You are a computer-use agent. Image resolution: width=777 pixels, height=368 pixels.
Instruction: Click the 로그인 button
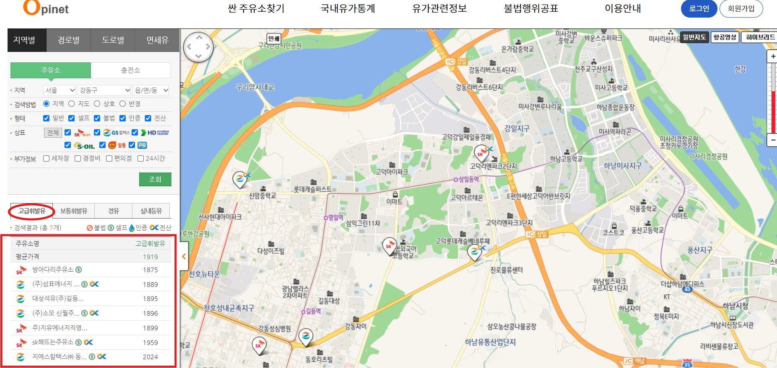pos(699,9)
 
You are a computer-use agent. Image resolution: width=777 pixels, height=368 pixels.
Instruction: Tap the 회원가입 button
pos(741,9)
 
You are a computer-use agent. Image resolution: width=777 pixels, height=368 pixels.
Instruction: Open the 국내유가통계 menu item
pos(347,9)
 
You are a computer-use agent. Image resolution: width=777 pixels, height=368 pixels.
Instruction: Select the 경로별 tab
pos(69,40)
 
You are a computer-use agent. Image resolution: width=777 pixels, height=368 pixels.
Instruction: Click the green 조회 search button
pos(155,179)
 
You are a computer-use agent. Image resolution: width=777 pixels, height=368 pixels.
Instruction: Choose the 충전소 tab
pos(131,70)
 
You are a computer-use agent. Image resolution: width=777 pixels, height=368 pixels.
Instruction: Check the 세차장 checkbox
pos(47,158)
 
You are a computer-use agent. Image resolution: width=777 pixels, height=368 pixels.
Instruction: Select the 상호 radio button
pos(97,104)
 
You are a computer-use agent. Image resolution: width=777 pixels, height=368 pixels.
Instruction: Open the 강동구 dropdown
pos(104,90)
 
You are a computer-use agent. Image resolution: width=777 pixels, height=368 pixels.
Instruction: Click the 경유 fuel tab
pos(114,211)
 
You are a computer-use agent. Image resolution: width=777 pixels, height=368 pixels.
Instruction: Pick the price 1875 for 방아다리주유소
pos(150,270)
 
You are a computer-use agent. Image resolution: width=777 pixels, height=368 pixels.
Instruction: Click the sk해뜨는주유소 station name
pos(53,342)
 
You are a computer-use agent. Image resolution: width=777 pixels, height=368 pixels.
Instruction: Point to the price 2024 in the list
pos(150,357)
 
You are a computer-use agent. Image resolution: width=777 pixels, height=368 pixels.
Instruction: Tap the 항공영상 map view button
pos(725,37)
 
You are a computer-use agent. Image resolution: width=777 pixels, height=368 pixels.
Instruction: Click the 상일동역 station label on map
pos(469,179)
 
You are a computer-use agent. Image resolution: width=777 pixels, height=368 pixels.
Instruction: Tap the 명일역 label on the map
pos(336,217)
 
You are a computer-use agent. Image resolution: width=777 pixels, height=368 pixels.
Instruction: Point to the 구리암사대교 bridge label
pos(255,87)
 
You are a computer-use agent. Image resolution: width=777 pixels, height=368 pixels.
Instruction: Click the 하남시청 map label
pos(736,306)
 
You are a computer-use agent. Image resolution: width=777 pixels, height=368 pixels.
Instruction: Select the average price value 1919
pos(150,257)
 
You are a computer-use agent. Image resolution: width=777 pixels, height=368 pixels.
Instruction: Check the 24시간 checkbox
pos(141,158)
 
